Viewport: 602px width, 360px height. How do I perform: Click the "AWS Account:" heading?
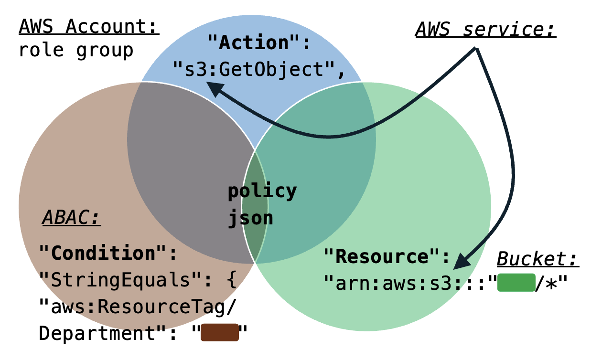coord(89,27)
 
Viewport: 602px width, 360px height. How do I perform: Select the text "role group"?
coord(75,50)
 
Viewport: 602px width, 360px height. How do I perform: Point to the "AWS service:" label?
coord(485,30)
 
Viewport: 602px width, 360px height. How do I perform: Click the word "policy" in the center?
coord(262,191)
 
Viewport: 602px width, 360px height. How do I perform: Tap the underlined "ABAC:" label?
coord(72,218)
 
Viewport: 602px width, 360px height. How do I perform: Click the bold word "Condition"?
coord(104,253)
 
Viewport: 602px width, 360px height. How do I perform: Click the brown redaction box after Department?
coord(219,333)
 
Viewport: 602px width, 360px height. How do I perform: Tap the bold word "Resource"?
coord(382,256)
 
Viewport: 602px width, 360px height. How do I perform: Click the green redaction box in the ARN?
coord(515,283)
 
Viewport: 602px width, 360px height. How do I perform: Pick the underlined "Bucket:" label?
coord(538,259)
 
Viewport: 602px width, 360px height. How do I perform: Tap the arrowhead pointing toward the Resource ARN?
coord(461,261)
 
